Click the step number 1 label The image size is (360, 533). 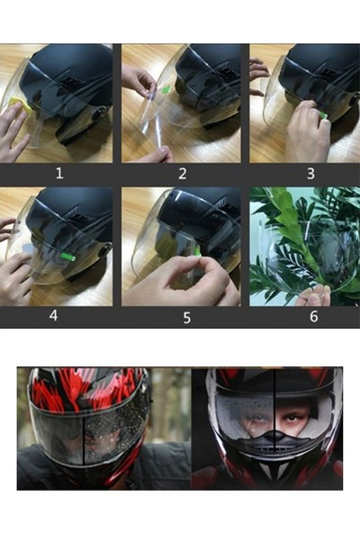59,174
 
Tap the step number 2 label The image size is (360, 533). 183,174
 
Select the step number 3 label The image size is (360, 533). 310,174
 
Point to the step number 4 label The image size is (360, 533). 53,315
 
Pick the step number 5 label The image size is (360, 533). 186,318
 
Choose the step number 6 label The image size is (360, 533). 313,316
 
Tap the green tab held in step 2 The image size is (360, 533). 166,90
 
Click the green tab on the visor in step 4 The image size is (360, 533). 68,257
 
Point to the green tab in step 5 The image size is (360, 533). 198,250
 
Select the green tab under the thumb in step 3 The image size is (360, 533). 323,116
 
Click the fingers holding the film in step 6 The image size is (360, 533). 314,295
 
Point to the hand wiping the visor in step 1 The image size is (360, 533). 13,132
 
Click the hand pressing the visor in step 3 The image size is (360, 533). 306,131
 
